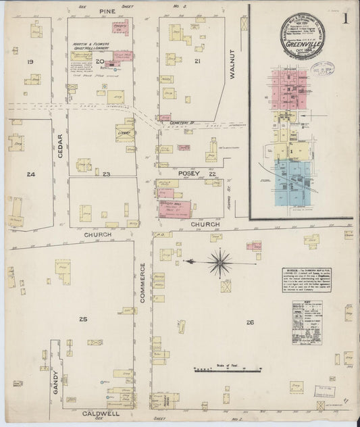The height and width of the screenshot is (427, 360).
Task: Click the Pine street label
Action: click(x=107, y=11)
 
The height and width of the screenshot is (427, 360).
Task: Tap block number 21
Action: click(x=197, y=61)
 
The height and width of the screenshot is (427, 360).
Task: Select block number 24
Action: click(x=30, y=174)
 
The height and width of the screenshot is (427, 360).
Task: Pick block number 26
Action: click(x=250, y=322)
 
